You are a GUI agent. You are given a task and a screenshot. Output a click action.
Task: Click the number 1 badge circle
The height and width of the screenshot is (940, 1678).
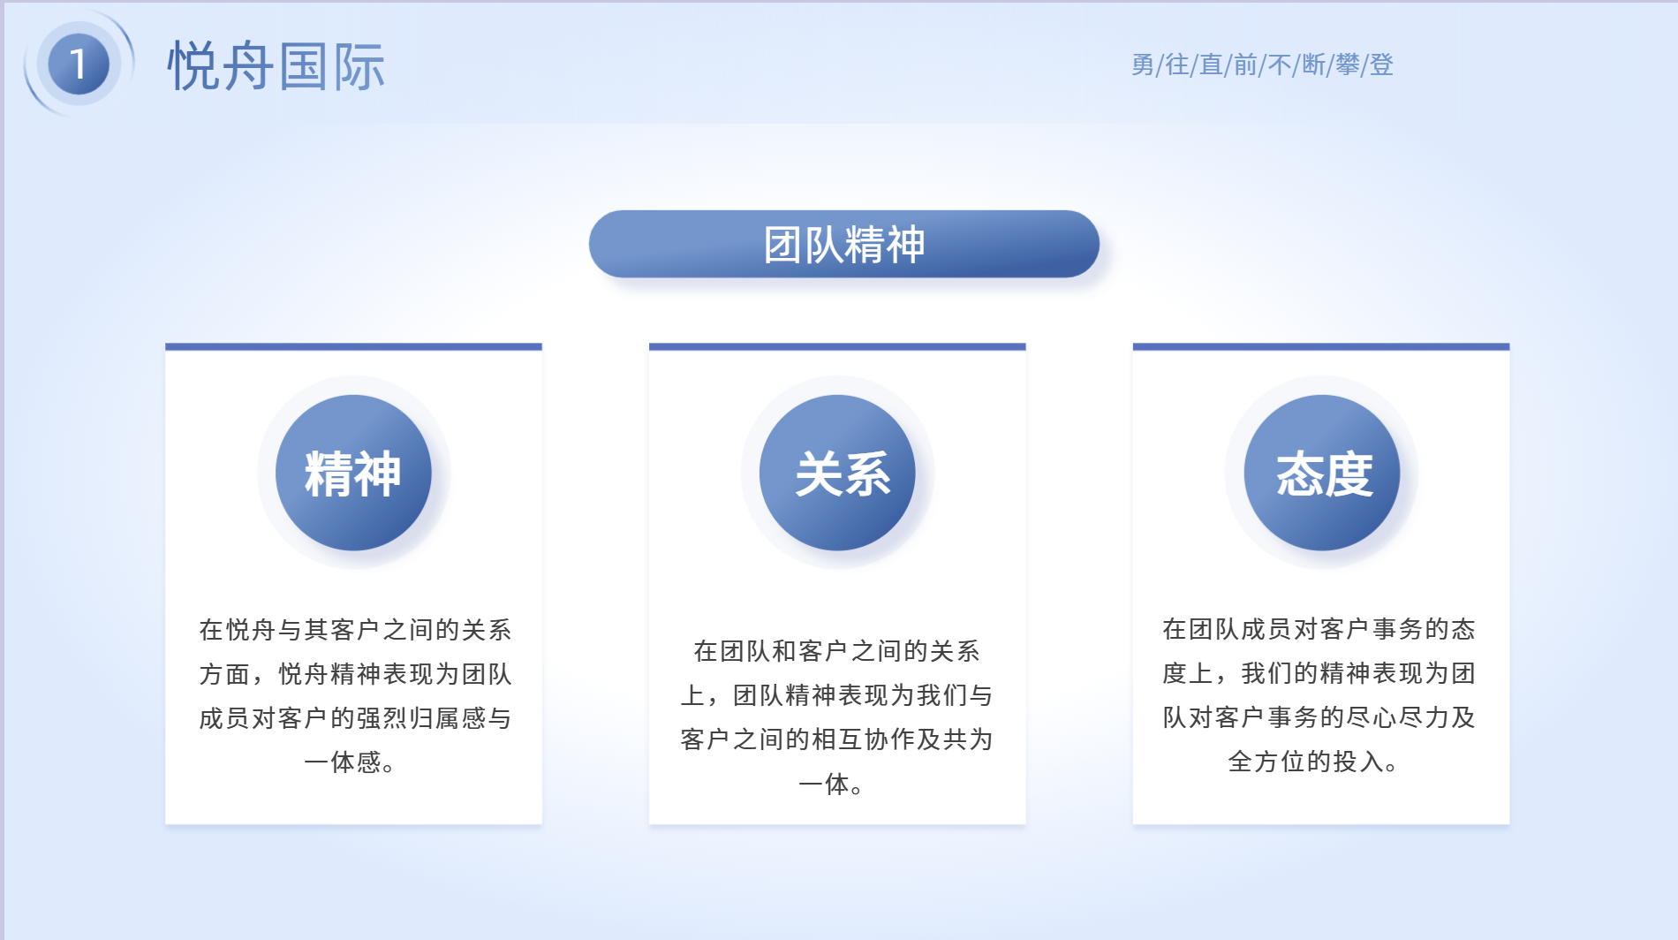click(x=79, y=64)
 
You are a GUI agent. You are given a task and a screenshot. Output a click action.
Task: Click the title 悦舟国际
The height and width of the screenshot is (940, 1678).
click(x=276, y=66)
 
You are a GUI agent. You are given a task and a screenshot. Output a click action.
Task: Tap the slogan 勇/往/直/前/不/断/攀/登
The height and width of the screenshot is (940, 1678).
click(x=1262, y=64)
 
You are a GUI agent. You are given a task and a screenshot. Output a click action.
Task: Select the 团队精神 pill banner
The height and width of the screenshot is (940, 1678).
click(x=843, y=244)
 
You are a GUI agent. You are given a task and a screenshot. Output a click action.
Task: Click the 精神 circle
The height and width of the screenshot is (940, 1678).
click(x=353, y=473)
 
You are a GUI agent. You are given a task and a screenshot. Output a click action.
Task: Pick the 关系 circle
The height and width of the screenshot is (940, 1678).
click(x=837, y=473)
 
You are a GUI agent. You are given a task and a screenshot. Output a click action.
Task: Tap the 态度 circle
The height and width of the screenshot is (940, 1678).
click(x=1322, y=473)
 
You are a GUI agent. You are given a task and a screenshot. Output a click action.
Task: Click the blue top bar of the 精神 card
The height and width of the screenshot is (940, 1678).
click(x=353, y=346)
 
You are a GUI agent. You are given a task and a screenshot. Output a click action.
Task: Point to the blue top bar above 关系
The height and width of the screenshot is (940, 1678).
click(x=837, y=346)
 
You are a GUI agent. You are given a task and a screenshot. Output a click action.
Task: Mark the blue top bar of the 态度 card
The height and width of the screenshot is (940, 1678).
click(x=1321, y=346)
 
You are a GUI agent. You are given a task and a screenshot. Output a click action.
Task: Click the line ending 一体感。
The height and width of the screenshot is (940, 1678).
click(x=351, y=762)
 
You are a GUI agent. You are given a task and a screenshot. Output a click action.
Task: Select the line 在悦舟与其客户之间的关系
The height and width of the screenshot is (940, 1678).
click(x=355, y=629)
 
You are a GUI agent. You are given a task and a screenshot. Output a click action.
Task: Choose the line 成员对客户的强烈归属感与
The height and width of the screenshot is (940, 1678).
click(x=355, y=717)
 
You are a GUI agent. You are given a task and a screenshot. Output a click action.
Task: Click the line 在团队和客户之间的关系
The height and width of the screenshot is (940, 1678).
click(x=836, y=651)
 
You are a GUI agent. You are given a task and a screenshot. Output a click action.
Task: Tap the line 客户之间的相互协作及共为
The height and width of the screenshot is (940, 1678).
click(x=836, y=739)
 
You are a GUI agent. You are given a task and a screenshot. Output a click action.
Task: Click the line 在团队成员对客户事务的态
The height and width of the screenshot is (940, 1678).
click(x=1319, y=629)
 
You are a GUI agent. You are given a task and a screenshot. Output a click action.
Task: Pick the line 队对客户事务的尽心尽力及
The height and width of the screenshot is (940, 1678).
click(x=1319, y=717)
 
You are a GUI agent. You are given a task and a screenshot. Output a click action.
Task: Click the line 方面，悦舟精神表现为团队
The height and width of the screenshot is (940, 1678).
click(x=355, y=673)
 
